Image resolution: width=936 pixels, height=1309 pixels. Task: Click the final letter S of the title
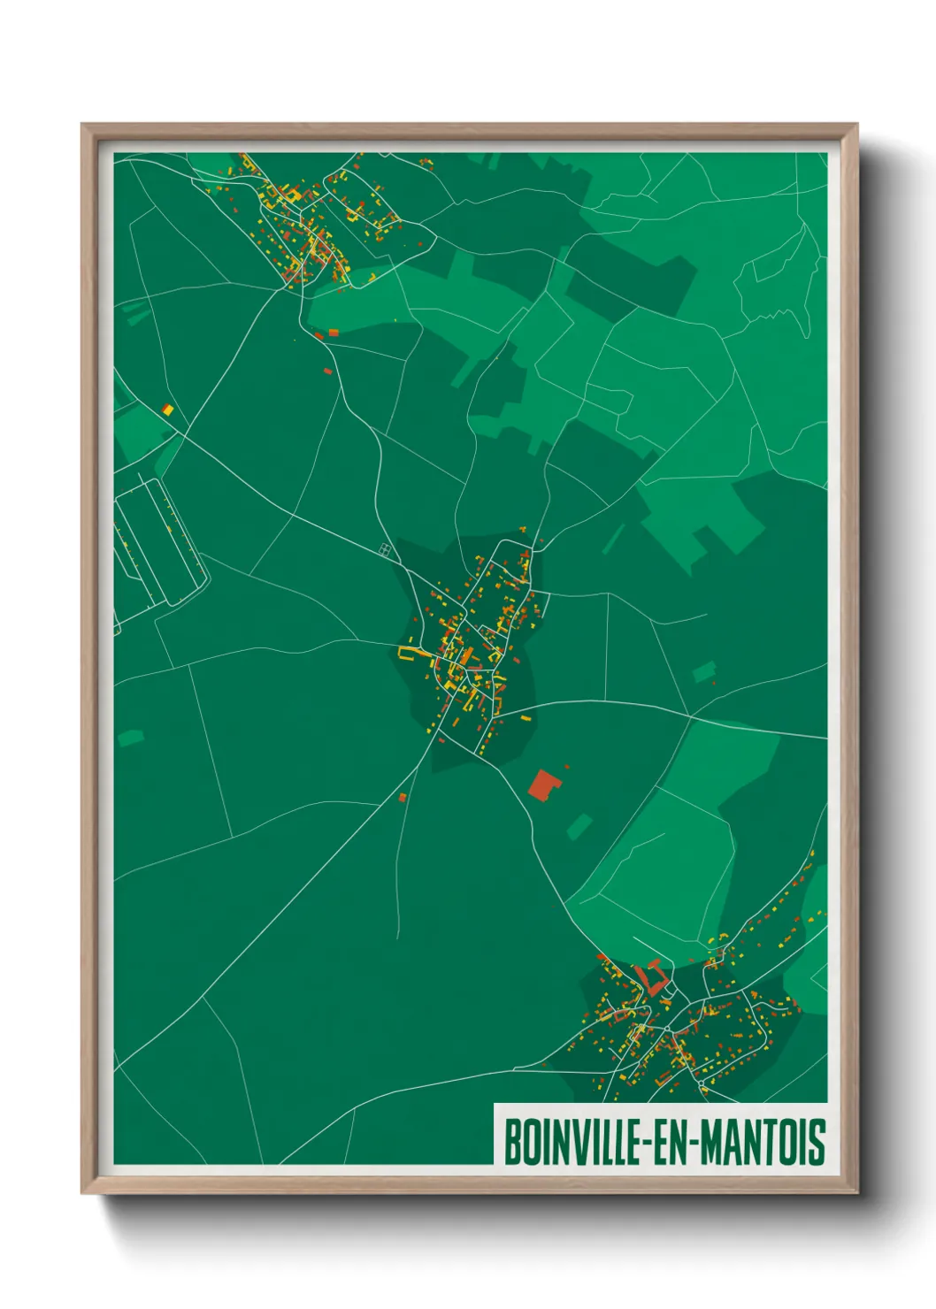coord(818,1142)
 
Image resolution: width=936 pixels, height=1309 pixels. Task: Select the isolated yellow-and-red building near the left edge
coord(167,410)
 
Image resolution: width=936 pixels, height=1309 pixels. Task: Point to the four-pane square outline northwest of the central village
coord(385,550)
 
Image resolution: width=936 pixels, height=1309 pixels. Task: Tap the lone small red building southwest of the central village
coord(403,798)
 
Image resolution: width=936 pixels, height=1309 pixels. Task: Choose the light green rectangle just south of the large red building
coord(579,827)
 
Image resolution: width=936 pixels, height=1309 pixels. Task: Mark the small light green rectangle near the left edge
coord(130,737)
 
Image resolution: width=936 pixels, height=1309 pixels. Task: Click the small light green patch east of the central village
coord(704,672)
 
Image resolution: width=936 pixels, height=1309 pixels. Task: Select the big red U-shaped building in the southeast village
coord(655,977)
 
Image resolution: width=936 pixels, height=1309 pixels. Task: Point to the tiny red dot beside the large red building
coord(567,767)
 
